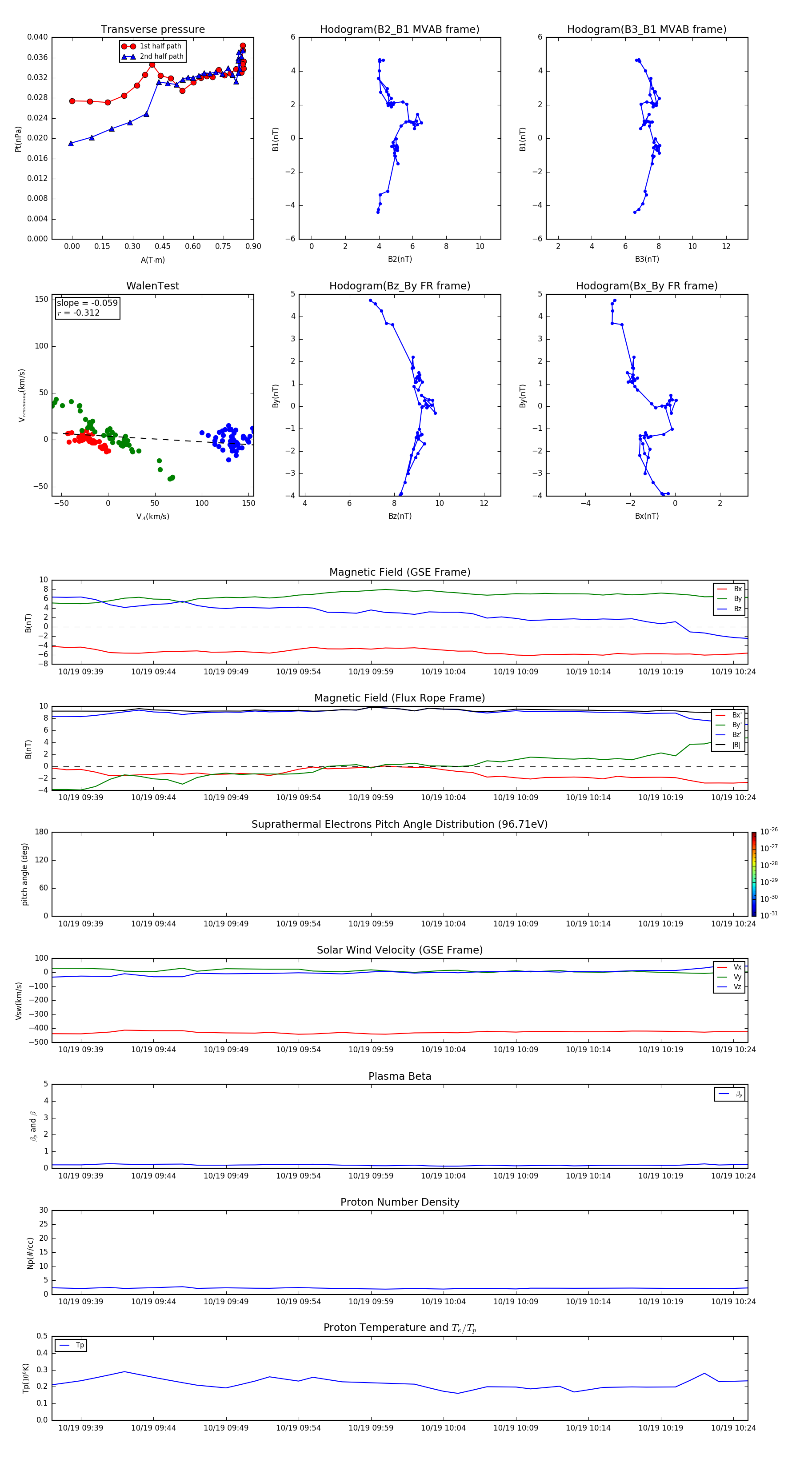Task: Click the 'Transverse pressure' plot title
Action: (152, 30)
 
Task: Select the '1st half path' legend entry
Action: (160, 46)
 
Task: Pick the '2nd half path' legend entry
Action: (161, 56)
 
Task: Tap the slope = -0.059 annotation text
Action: (87, 303)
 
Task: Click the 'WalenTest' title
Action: (152, 286)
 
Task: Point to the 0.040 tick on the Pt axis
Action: (38, 37)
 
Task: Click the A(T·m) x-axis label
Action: (152, 260)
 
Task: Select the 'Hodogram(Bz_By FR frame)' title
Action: (400, 286)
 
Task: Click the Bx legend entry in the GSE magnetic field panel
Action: (737, 589)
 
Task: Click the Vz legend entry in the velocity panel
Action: (737, 987)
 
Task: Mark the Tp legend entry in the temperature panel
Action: (79, 1345)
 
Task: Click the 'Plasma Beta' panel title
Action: (400, 1076)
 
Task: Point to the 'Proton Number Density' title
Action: (400, 1202)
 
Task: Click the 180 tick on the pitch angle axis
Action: (42, 832)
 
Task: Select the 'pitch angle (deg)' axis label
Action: (25, 874)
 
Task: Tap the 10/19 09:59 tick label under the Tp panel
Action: (371, 1428)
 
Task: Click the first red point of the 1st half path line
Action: (72, 101)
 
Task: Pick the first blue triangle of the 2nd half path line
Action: (71, 144)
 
